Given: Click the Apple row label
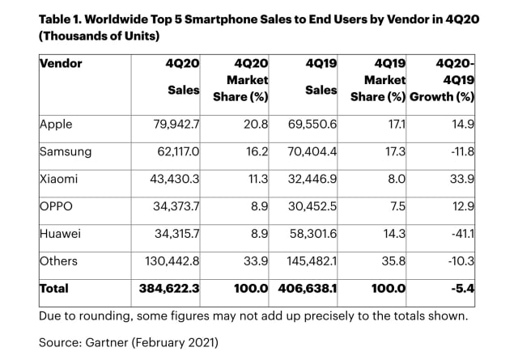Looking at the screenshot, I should click(56, 125).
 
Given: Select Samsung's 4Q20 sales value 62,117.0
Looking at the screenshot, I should click(173, 151).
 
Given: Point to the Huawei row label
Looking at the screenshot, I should click(60, 233).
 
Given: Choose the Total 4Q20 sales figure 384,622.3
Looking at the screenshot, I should click(166, 288).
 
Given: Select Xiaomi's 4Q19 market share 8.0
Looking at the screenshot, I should click(393, 179).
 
